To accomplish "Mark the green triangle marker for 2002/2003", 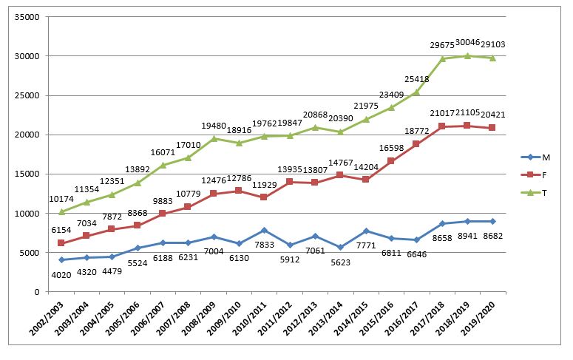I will point(61,211).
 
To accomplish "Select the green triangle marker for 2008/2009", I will point(214,138).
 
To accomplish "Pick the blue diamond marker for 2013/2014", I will point(340,248).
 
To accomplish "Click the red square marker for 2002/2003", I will point(61,243).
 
